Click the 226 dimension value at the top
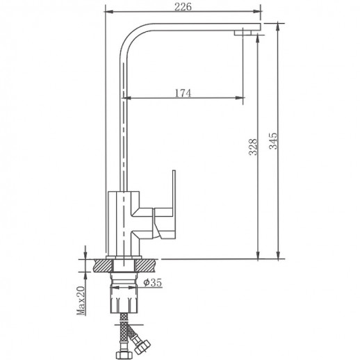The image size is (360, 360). tap(183, 7)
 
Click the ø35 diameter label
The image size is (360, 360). tap(153, 283)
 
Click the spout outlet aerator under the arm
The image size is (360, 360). tap(244, 31)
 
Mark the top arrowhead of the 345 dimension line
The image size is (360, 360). tap(279, 26)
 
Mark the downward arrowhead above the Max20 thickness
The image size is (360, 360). tap(84, 254)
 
